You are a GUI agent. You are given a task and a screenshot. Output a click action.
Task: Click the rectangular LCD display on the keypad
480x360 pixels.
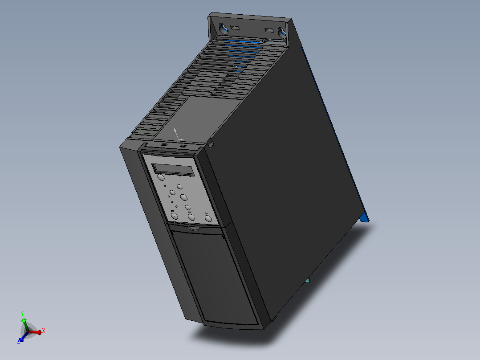click(x=173, y=170)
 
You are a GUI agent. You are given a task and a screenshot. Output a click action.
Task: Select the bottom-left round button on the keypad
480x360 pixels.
click(x=175, y=216)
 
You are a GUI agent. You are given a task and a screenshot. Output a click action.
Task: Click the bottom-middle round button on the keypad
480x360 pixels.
click(x=191, y=217)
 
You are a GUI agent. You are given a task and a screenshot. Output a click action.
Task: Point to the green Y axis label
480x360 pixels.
click(x=22, y=314)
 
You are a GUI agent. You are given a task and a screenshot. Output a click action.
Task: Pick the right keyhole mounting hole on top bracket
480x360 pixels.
click(x=281, y=32)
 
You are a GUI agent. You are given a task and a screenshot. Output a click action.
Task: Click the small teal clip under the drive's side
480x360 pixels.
click(x=307, y=281)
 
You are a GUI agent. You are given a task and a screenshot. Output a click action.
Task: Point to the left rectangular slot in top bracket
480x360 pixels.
click(x=236, y=28)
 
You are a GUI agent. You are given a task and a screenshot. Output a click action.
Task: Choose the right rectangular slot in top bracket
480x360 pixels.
click(x=268, y=30)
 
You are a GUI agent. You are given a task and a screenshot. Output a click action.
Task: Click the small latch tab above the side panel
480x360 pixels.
click(x=211, y=143)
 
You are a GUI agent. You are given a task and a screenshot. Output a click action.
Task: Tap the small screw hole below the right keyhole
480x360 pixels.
click(x=265, y=41)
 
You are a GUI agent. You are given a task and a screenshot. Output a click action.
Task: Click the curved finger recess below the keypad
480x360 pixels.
click(x=194, y=229)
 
